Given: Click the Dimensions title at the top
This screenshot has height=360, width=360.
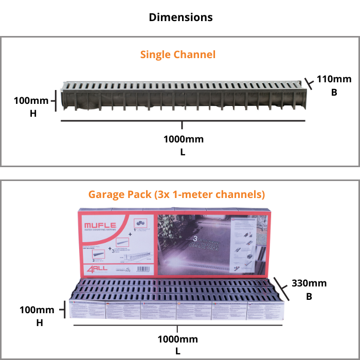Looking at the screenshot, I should [181, 17].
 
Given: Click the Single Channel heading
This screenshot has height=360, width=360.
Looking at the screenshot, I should [177, 55].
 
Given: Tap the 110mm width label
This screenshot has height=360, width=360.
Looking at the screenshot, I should [334, 79].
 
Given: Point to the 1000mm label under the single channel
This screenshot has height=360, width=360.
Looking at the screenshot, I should [184, 139].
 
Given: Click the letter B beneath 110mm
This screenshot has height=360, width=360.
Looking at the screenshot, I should [334, 93].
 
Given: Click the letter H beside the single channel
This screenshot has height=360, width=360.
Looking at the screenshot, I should [33, 114].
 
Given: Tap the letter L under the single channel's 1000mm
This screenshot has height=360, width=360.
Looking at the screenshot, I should [183, 152].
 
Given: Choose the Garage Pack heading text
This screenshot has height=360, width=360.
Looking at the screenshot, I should [176, 194].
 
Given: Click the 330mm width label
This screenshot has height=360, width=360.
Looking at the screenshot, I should [309, 283].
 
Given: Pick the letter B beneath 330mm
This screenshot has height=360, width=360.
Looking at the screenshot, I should [309, 297].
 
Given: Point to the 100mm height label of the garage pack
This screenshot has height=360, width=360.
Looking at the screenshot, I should [37, 310].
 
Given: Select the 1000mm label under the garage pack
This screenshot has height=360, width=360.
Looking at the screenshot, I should [177, 339].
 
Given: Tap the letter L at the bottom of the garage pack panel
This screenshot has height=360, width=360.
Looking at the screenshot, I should [177, 352].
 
